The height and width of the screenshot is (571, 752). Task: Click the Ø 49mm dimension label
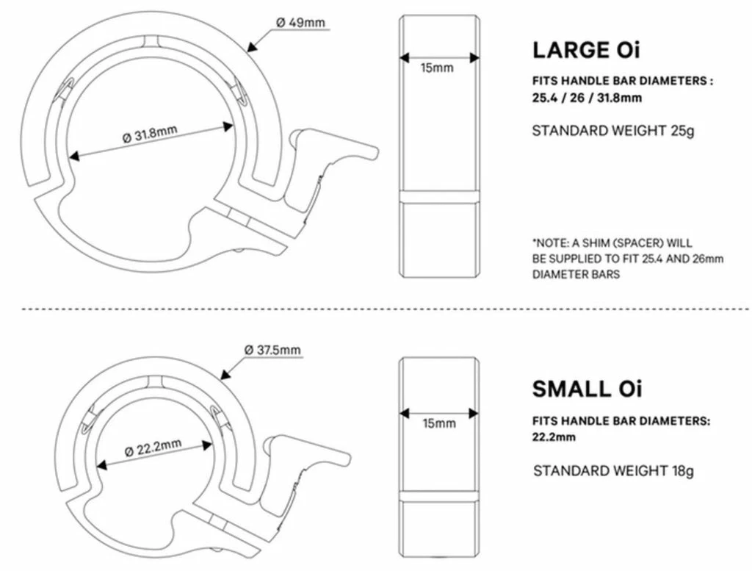[300, 22]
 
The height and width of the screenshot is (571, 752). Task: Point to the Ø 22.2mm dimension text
[153, 448]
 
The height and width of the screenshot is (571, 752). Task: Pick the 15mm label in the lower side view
[439, 423]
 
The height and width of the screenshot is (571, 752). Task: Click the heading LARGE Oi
[586, 51]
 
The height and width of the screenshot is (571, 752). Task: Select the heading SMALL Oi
[587, 389]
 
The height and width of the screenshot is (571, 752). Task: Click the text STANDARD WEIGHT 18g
[613, 470]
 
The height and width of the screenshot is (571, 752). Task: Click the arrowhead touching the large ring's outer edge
[251, 49]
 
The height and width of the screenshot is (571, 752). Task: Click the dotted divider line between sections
[376, 310]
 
